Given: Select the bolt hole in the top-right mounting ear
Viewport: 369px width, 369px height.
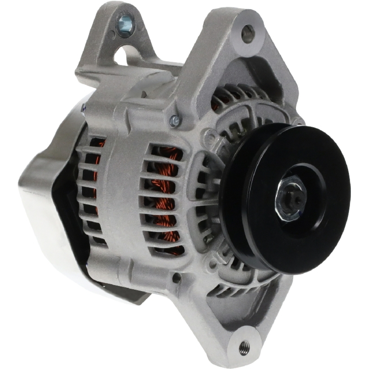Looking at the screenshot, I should click(248, 34).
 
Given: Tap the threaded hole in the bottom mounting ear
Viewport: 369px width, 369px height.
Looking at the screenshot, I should click(244, 347).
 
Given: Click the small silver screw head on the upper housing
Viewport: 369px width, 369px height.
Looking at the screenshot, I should click(175, 120).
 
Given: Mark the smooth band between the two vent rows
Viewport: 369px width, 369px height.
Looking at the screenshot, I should click(122, 196).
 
